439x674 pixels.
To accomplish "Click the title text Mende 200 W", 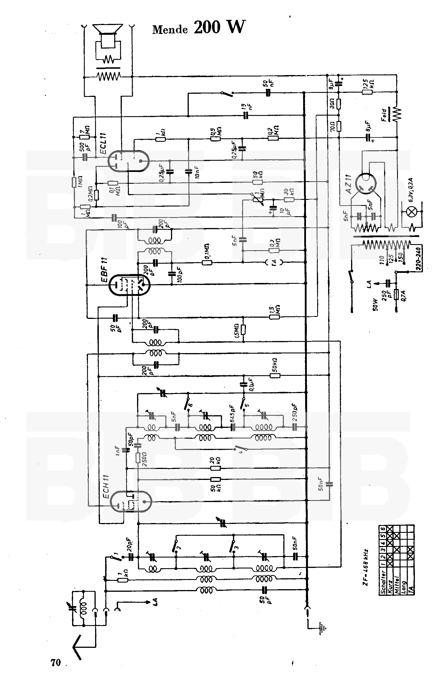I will click(199, 28).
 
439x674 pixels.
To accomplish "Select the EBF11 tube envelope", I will click(130, 284).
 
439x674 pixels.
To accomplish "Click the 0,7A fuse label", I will click(404, 295).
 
